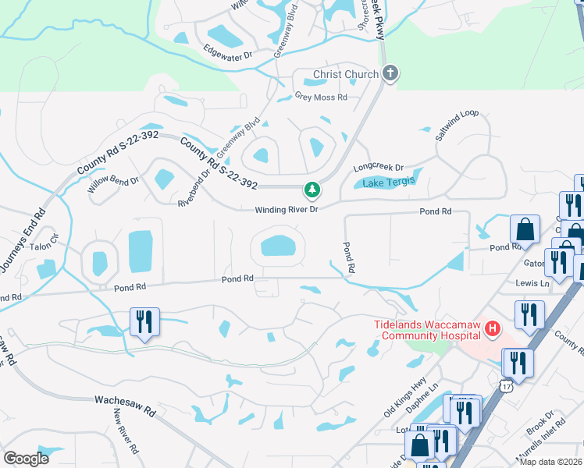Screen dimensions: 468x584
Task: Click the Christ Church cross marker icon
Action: click(390, 74)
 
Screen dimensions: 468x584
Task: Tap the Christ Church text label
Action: click(346, 75)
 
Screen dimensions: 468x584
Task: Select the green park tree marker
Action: click(312, 190)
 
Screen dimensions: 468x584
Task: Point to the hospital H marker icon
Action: click(492, 329)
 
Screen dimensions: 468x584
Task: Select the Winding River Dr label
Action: click(287, 211)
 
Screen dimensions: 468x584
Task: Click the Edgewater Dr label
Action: click(228, 55)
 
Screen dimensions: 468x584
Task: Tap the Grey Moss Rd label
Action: click(320, 97)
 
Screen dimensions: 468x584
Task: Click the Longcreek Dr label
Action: click(378, 167)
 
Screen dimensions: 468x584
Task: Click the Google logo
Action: click(26, 458)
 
